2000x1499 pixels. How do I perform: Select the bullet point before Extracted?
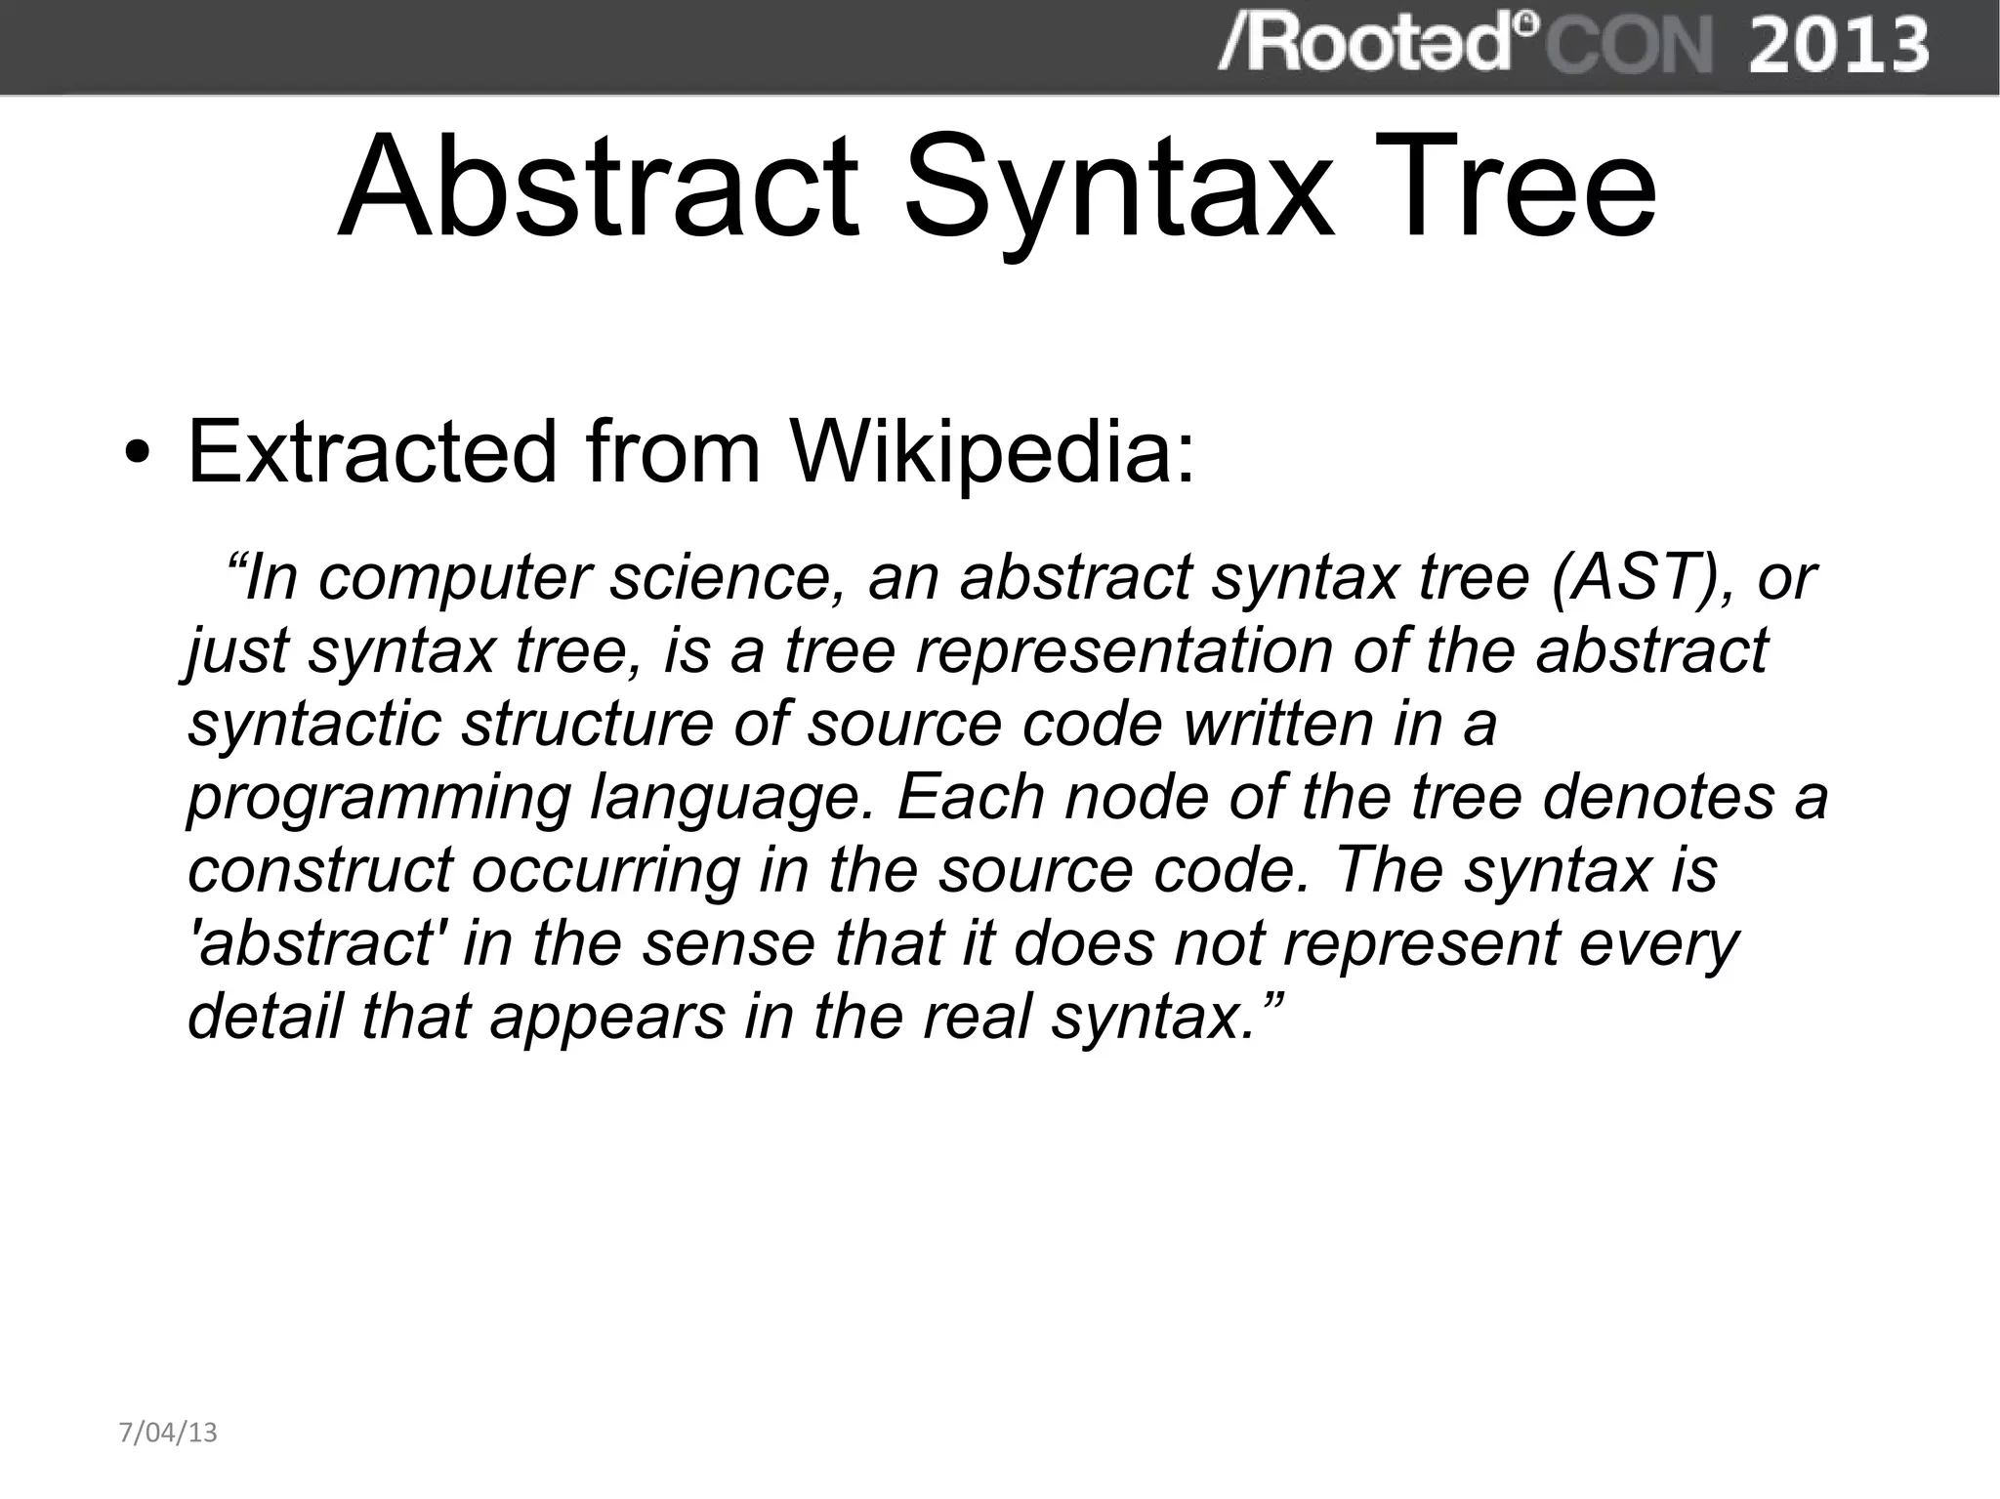coord(138,453)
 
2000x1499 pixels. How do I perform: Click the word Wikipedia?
coord(990,451)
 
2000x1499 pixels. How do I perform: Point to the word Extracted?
coord(371,451)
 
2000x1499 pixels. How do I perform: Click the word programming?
coord(378,799)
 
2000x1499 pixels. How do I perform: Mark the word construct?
coord(320,869)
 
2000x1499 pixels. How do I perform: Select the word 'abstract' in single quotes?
coord(313,942)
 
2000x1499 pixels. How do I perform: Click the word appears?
coord(607,1018)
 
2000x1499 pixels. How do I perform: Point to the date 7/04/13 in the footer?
coord(168,1433)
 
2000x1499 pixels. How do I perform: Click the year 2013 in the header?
coord(1838,46)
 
